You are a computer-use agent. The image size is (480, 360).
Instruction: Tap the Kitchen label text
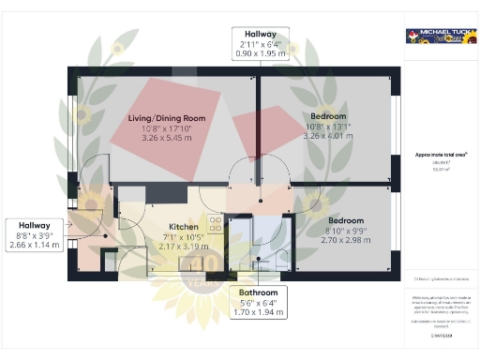[x=183, y=228]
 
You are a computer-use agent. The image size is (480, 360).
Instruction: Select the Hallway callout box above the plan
[x=261, y=44]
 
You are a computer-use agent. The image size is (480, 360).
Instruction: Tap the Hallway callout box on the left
[x=36, y=235]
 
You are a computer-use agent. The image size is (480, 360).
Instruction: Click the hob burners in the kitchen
[x=214, y=225]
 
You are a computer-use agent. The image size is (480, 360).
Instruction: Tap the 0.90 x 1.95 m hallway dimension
[x=261, y=54]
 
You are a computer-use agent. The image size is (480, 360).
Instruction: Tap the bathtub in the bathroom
[x=243, y=243]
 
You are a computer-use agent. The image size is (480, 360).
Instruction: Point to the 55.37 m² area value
[x=440, y=168]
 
